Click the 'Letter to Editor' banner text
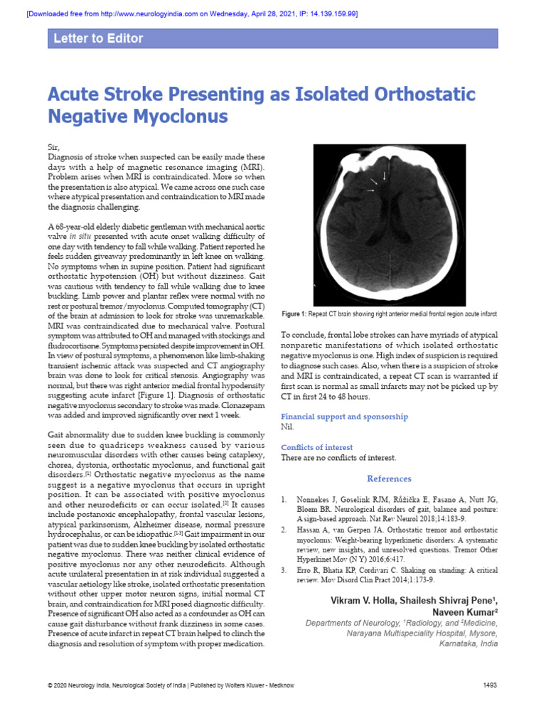coord(98,38)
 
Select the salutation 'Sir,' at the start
coord(53,147)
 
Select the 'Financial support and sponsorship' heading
coord(344,417)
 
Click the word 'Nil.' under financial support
coord(288,427)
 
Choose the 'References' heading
coord(389,479)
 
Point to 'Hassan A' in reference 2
coord(311,530)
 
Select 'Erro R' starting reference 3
coord(307,570)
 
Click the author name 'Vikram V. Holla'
coord(363,601)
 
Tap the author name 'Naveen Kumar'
coord(463,612)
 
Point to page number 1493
coord(489,685)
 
